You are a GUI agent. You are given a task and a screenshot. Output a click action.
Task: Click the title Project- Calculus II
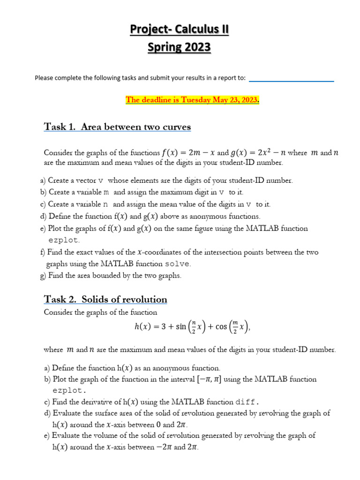(180, 30)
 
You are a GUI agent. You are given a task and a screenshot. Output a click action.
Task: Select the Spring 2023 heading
(180, 47)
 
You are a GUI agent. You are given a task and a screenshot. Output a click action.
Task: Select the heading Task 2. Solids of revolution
(105, 299)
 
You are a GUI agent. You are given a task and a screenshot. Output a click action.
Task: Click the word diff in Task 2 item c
(246, 402)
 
